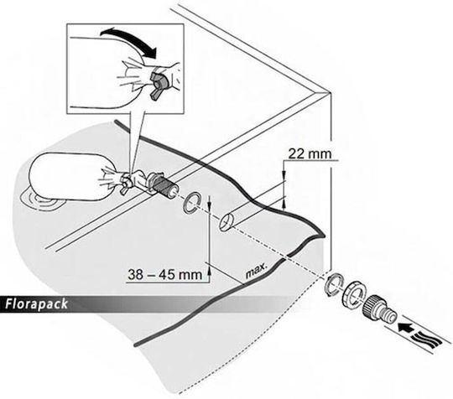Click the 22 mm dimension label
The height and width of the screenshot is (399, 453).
[x=310, y=153]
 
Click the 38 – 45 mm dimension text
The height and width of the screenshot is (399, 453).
[x=165, y=274]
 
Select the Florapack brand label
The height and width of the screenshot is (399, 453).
[x=36, y=304]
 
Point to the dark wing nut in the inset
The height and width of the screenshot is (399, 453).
[x=158, y=85]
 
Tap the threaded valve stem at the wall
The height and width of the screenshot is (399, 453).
[x=164, y=185]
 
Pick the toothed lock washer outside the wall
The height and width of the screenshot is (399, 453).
[x=334, y=284]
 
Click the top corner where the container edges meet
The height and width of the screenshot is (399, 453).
[x=330, y=92]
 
